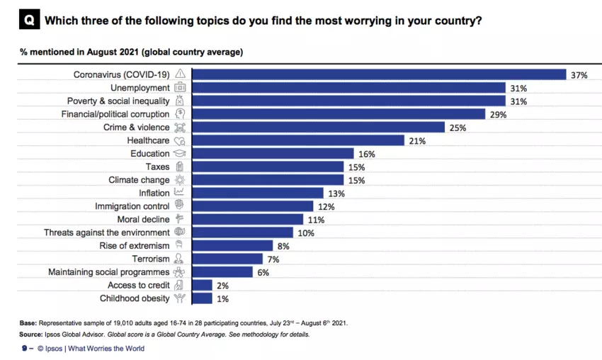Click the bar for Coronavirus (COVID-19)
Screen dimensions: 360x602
click(x=379, y=74)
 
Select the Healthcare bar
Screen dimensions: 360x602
click(x=298, y=140)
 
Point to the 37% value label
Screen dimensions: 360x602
click(x=580, y=74)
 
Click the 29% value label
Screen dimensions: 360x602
click(x=498, y=114)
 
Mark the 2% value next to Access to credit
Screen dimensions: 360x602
click(x=222, y=286)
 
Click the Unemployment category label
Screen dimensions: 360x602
click(x=140, y=88)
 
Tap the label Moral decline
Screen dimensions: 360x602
click(x=143, y=220)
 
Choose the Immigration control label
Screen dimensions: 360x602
click(x=132, y=206)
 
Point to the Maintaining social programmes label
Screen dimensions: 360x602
click(x=108, y=272)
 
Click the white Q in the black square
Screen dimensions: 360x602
click(x=28, y=21)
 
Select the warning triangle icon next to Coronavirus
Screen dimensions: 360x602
click(x=180, y=74)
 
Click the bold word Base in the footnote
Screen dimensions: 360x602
click(x=28, y=322)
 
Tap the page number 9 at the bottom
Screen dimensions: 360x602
click(x=24, y=348)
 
